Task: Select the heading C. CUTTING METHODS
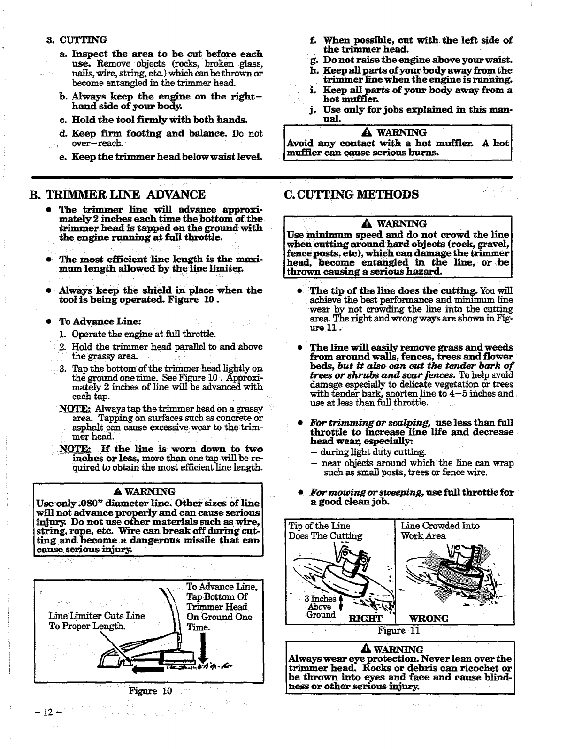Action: [x=352, y=194]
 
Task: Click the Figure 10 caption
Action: [x=151, y=691]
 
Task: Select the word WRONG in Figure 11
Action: [x=429, y=618]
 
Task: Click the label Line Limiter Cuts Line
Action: [x=97, y=616]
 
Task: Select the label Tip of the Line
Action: [x=319, y=526]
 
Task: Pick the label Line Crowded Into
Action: [x=440, y=526]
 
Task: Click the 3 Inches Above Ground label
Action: [x=321, y=606]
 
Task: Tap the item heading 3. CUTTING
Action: [x=77, y=39]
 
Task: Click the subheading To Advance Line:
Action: [x=100, y=321]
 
